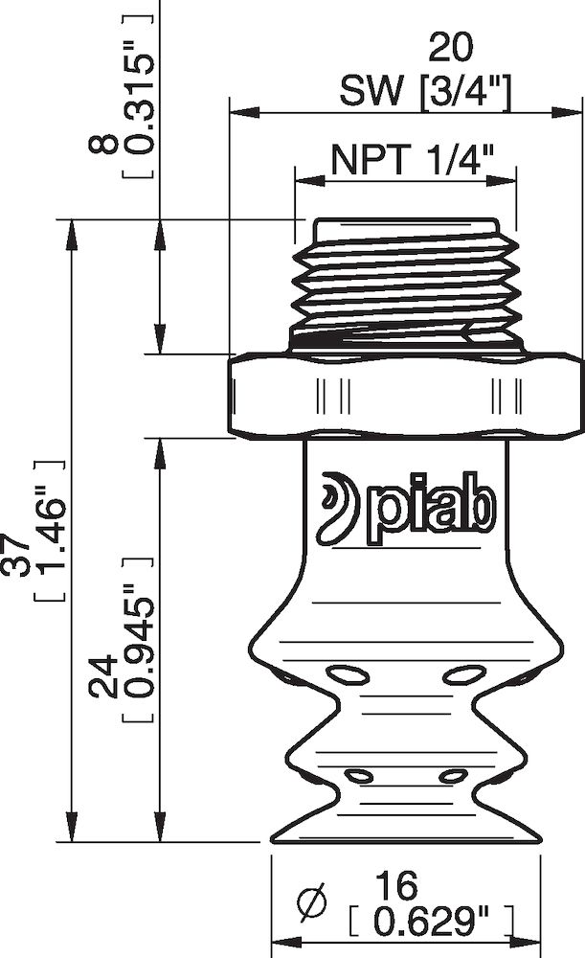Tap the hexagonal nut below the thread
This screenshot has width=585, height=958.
[x=407, y=396]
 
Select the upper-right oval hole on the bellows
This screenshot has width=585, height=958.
[x=464, y=674]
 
